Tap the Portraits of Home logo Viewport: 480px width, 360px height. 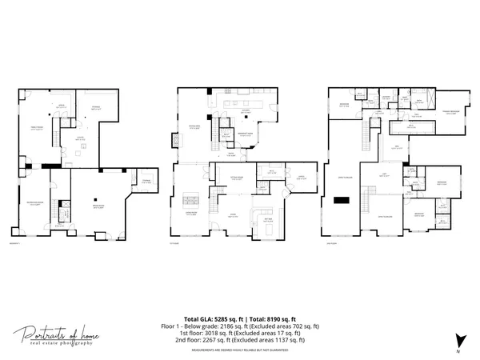click(x=57, y=335)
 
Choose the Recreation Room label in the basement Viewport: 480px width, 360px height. click(x=96, y=208)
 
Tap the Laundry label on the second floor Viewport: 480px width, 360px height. click(x=386, y=97)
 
